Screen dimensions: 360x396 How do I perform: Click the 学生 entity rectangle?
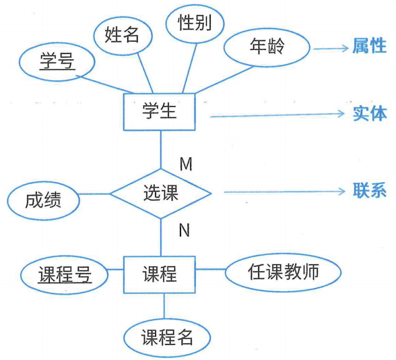pos(160,111)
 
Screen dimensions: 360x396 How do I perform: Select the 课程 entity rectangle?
pos(160,274)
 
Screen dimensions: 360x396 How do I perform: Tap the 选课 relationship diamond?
pos(161,193)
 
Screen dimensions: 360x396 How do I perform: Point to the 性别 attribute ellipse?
pos(195,24)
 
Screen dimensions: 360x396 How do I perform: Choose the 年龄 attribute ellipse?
pos(267,48)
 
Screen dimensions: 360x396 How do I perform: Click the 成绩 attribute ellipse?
pos(43,200)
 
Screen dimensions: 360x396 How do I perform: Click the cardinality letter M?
pos(185,164)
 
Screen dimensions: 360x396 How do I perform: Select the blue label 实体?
pos(369,113)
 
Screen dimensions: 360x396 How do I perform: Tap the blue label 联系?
pos(369,190)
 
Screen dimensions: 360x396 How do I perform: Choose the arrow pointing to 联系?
pos(284,192)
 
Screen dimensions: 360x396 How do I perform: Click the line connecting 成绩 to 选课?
pos(94,195)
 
